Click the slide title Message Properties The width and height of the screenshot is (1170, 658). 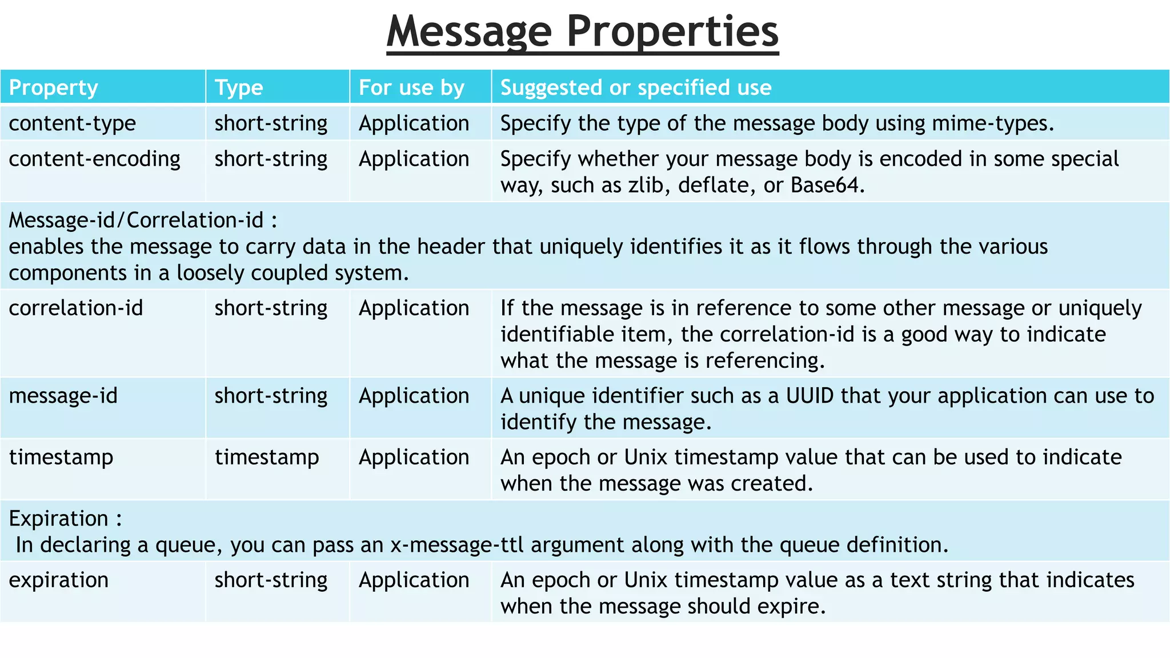(x=582, y=31)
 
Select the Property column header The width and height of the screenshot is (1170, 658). (x=54, y=88)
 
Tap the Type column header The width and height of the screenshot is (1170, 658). (x=239, y=88)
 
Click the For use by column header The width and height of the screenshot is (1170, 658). (x=411, y=88)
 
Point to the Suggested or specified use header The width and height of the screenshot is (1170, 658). (x=636, y=88)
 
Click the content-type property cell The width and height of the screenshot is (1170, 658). (x=73, y=123)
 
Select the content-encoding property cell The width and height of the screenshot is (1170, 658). (x=94, y=159)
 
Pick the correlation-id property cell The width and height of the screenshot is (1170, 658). (x=76, y=308)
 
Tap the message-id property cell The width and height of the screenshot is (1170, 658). (x=63, y=396)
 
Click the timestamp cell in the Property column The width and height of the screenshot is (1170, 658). (x=61, y=458)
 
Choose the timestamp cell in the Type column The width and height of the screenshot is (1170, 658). (x=267, y=458)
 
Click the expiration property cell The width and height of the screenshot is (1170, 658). (x=59, y=580)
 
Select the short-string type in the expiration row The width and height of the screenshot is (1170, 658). (x=271, y=580)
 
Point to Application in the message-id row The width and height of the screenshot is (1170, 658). (x=414, y=396)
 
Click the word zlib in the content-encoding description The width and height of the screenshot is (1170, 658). (x=648, y=185)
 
